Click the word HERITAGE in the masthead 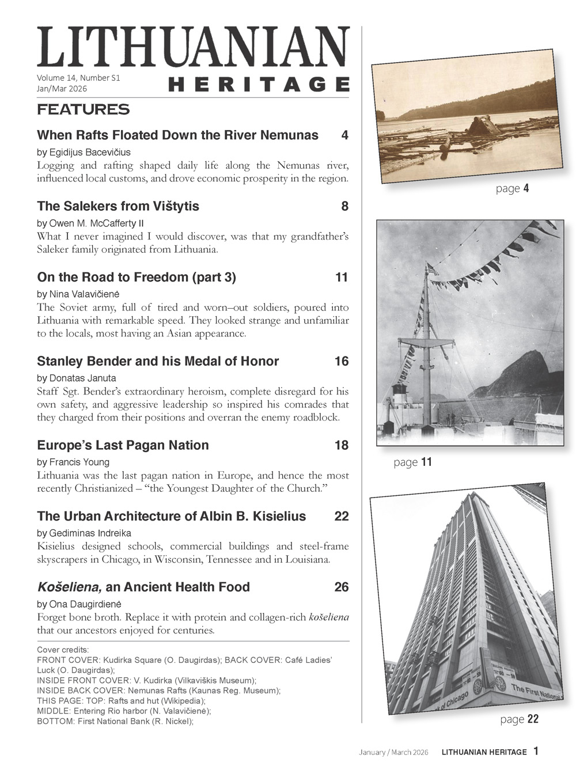259,84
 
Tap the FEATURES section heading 83,109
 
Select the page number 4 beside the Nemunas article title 344,135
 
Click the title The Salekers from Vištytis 118,206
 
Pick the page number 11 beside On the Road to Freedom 342,278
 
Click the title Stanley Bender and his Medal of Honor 158,362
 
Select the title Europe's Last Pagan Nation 123,445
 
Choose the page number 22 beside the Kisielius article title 342,516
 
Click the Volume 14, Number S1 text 78,78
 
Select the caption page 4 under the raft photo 512,188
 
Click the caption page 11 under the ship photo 412,462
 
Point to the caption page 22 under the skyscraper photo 519,719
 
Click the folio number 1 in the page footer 536,751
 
